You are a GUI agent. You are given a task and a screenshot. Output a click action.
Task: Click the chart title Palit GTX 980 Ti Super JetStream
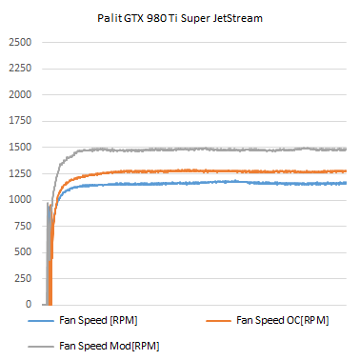tap(180, 17)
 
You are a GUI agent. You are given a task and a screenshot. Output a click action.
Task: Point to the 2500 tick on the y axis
tap(20, 43)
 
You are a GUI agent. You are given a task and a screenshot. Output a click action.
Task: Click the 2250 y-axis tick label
tap(20, 70)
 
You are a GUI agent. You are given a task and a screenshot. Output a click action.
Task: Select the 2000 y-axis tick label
tap(20, 95)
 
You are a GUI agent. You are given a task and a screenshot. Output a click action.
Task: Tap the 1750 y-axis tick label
tap(20, 122)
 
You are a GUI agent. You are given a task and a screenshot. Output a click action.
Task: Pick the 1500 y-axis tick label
tap(20, 148)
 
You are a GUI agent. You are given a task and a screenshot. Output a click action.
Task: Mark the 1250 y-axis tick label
tap(20, 174)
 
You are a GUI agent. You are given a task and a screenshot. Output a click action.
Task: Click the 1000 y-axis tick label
tap(20, 200)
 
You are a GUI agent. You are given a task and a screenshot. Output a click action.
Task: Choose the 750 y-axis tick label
tap(23, 227)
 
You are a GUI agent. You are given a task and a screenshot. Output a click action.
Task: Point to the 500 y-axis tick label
tap(23, 252)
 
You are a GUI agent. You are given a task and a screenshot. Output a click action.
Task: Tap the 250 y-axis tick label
tap(23, 279)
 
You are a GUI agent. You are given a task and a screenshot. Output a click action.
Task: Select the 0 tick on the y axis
tap(29, 305)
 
